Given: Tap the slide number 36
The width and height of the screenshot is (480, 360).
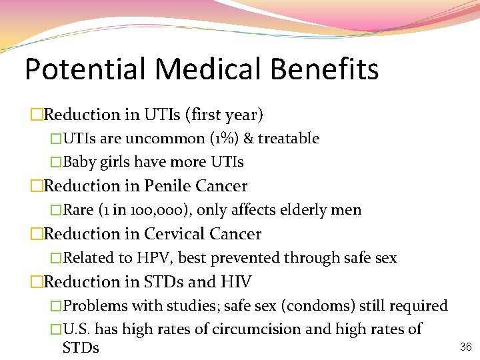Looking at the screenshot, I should (465, 346).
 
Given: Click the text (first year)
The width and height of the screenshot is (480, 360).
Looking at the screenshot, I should (227, 115).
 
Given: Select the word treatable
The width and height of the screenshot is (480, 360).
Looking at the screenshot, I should (289, 139).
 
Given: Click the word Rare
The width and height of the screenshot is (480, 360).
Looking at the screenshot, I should (78, 210).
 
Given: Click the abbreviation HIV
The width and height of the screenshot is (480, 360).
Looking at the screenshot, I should (235, 282).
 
